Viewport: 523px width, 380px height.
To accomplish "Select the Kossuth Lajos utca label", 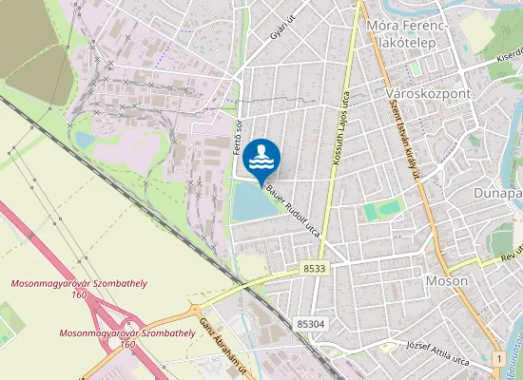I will (340, 128).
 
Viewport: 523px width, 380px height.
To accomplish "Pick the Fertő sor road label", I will (239, 136).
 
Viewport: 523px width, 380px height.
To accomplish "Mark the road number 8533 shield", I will (315, 270).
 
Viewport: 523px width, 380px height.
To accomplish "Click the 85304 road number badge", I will (310, 324).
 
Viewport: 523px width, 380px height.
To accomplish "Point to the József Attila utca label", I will (438, 346).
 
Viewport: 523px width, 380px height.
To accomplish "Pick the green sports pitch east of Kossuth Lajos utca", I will (370, 213).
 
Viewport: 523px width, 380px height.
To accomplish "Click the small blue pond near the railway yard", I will (84, 141).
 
